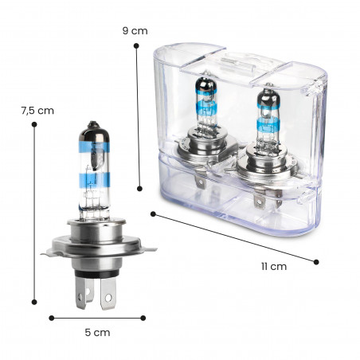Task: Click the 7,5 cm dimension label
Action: pyautogui.click(x=37, y=111)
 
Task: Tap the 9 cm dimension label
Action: pyautogui.click(x=135, y=31)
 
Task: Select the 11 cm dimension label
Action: pyautogui.click(x=274, y=266)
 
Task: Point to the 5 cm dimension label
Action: pyautogui.click(x=97, y=332)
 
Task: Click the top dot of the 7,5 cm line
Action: pyautogui.click(x=34, y=124)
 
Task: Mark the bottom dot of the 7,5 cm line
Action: pyautogui.click(x=34, y=302)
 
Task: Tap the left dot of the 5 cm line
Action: pyautogui.click(x=52, y=318)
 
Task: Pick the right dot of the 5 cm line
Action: pyautogui.click(x=143, y=318)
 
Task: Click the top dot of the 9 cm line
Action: pyautogui.click(x=136, y=46)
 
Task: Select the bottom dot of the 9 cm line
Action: pyautogui.click(x=139, y=189)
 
